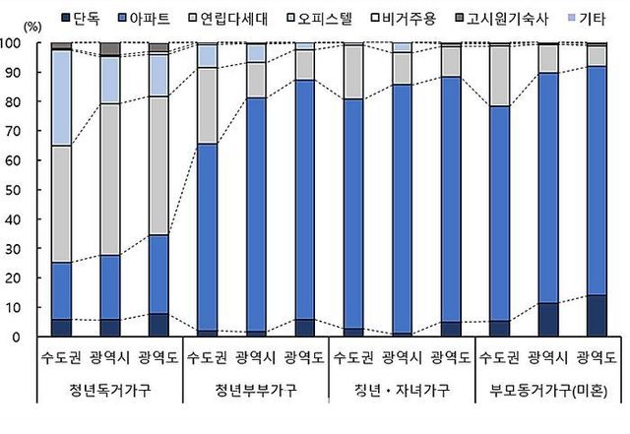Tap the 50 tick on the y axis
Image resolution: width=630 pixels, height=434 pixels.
tap(18, 191)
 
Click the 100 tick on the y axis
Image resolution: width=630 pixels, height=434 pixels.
tap(15, 44)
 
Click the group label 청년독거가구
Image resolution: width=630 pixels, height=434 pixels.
tap(110, 391)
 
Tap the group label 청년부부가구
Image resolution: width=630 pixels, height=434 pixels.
tap(256, 391)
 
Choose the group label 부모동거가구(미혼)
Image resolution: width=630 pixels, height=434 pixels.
tap(547, 391)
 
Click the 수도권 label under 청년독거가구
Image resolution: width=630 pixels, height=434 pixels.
tap(61, 356)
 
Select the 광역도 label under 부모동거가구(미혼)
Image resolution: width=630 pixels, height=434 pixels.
tap(597, 356)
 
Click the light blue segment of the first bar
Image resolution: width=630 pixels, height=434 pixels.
tap(61, 98)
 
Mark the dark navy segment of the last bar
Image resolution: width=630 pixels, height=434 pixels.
tap(597, 316)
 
